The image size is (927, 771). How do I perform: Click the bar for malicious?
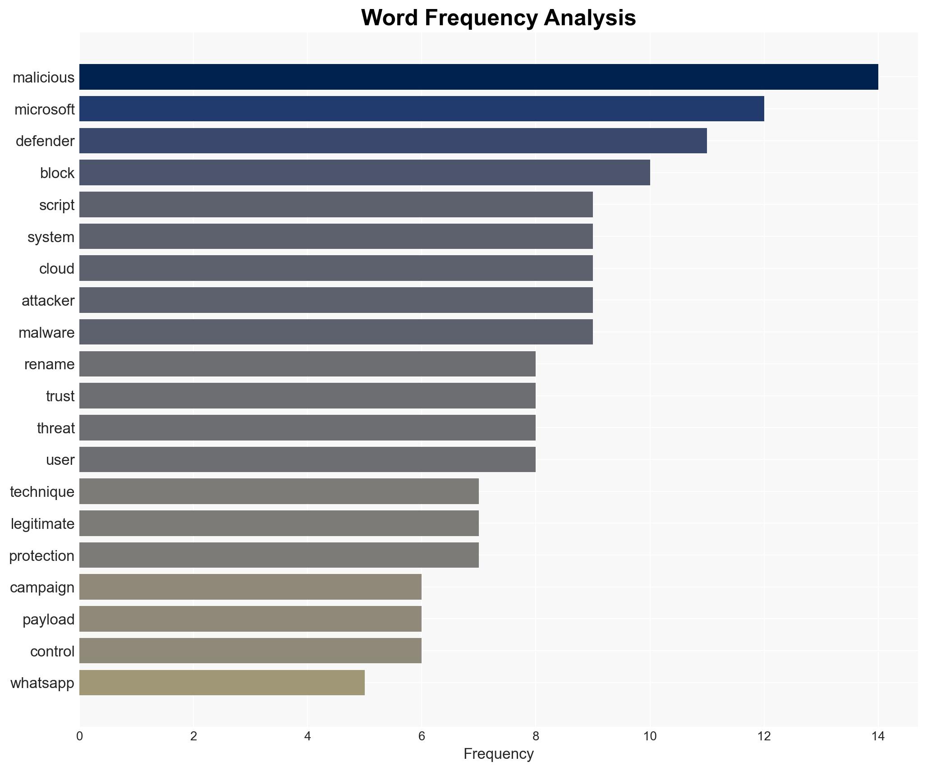pos(478,77)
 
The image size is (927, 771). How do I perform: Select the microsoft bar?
pos(422,109)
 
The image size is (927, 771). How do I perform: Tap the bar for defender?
pos(393,141)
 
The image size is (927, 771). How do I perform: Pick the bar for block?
pos(364,173)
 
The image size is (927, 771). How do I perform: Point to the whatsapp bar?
pos(222,683)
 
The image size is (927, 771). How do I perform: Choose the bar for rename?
pos(307,364)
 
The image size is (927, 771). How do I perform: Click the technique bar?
pos(279,491)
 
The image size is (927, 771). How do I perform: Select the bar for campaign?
pos(250,587)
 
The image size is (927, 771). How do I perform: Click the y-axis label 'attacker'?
pos(48,301)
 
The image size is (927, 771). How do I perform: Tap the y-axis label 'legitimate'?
pos(42,524)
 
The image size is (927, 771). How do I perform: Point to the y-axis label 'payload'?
pos(48,620)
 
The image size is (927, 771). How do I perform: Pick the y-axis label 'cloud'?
pos(56,269)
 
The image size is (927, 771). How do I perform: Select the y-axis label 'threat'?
pos(55,428)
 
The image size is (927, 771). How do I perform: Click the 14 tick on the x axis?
pos(877,736)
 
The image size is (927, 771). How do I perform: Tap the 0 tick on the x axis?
pos(80,736)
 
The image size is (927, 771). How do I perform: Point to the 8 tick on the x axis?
pos(536,736)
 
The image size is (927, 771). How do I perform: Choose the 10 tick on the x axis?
pos(649,736)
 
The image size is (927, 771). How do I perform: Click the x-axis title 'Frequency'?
pos(498,754)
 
